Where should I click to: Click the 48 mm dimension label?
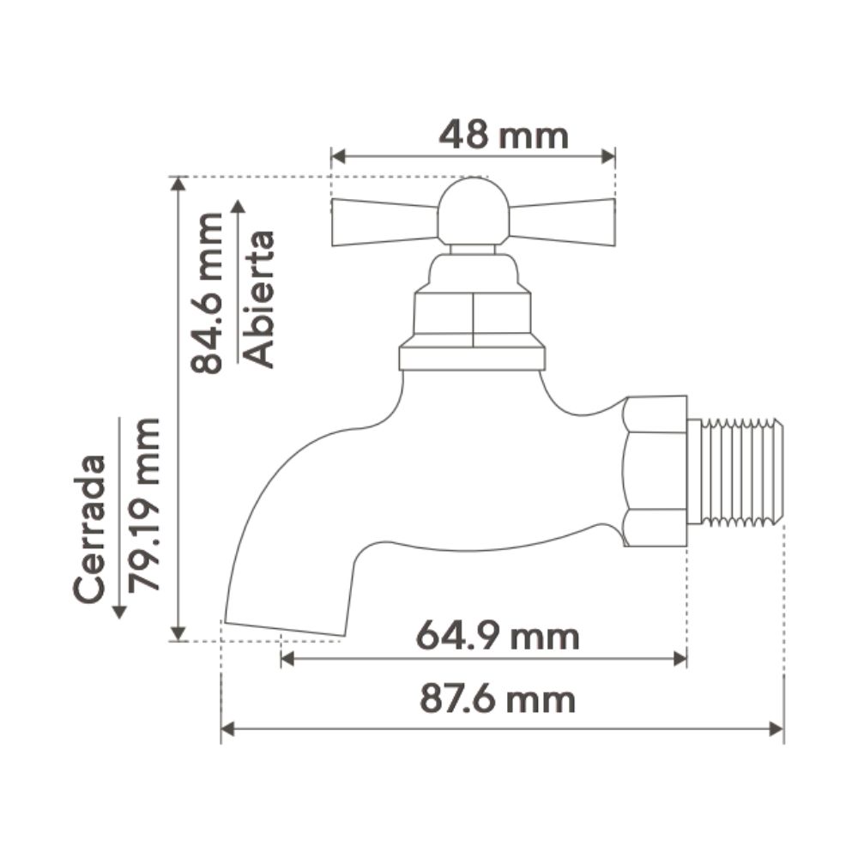[x=504, y=136]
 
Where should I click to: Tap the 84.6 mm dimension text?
[x=207, y=293]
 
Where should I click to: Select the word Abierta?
[x=257, y=299]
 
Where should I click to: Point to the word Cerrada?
[x=89, y=529]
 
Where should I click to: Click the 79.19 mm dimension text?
[x=143, y=505]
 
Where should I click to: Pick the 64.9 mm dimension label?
[x=498, y=637]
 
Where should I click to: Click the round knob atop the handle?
[x=474, y=211]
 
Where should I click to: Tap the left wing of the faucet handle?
[x=384, y=222]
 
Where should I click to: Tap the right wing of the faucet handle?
[x=563, y=222]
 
